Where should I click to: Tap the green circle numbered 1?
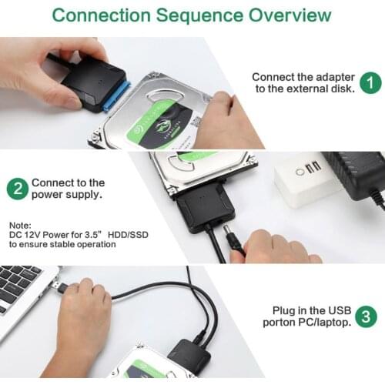click(x=370, y=82)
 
